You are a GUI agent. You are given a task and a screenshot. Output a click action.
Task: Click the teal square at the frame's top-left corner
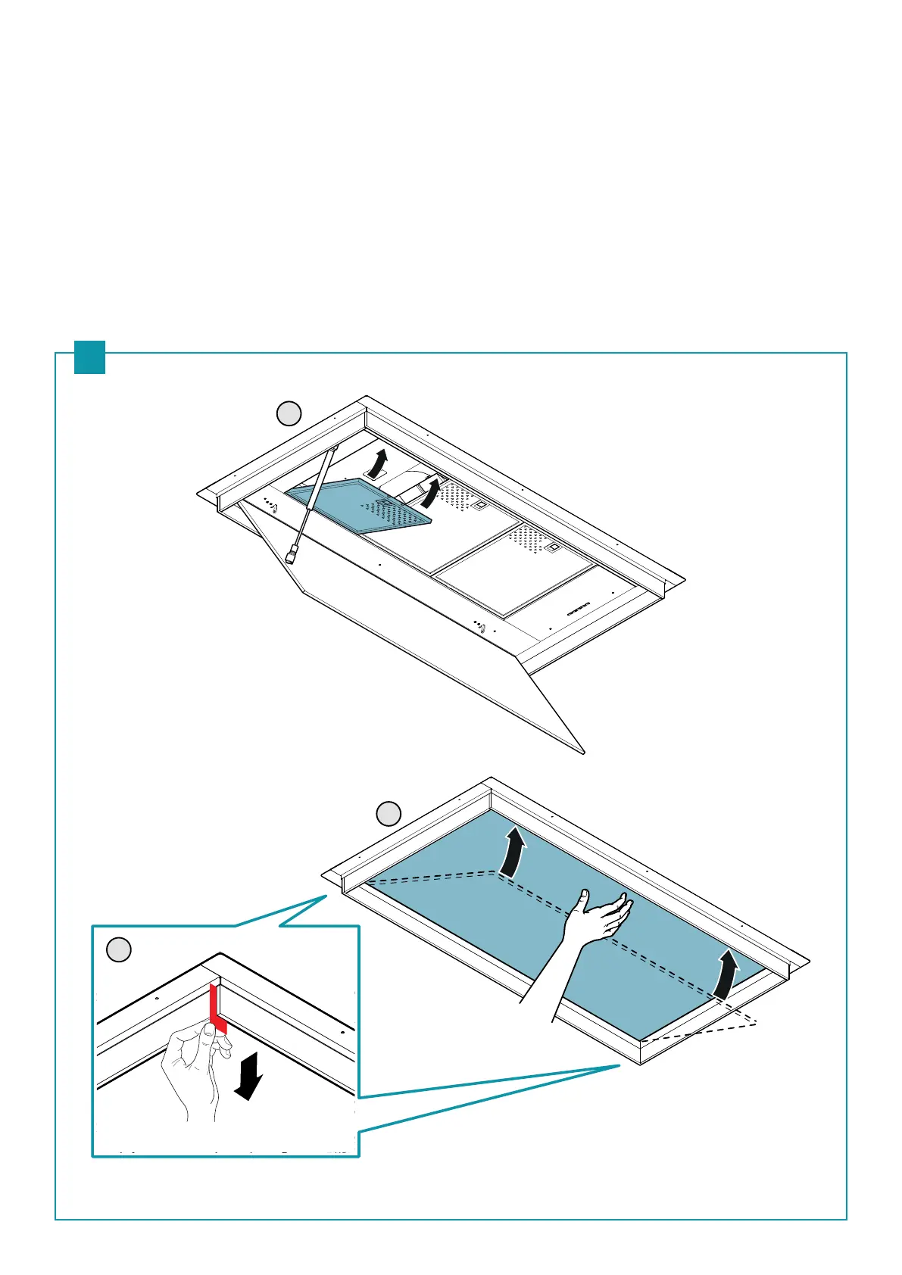click(89, 357)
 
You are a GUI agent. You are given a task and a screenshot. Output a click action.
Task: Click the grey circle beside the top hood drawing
click(289, 414)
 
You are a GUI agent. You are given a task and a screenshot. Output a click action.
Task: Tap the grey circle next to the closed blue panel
click(389, 814)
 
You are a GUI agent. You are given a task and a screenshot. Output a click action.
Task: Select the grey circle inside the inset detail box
click(118, 949)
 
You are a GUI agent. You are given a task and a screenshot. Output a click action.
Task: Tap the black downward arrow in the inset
click(248, 1074)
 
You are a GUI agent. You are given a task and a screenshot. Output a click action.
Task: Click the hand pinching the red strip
click(194, 1068)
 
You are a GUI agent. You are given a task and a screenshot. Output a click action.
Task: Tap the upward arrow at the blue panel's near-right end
click(726, 975)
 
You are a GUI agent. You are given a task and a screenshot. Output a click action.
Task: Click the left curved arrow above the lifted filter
click(379, 463)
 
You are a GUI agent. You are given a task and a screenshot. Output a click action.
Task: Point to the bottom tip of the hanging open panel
click(584, 752)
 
